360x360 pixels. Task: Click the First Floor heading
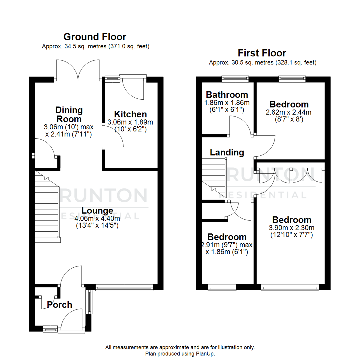tap(262, 53)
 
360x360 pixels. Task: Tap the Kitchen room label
tap(130, 114)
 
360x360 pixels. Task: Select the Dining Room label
tap(69, 114)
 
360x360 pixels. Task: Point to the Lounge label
tap(97, 211)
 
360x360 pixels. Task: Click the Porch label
tap(59, 304)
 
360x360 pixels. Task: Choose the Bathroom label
tap(227, 94)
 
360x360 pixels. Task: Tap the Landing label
tap(227, 152)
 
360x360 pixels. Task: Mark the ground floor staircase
tap(47, 207)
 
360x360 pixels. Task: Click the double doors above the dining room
tap(78, 70)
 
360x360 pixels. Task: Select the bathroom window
tap(235, 79)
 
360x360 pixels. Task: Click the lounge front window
tap(124, 287)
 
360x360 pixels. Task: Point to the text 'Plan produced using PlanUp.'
tap(180, 353)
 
